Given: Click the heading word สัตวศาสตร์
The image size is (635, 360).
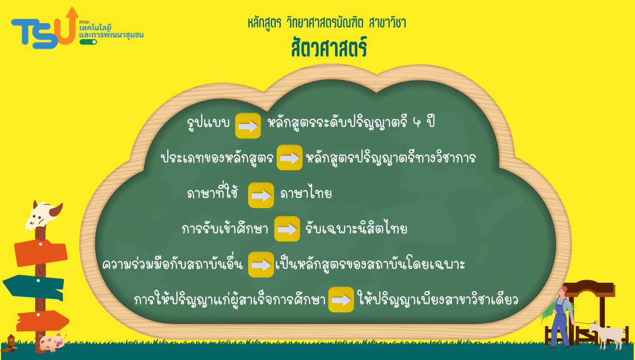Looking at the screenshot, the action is (x=329, y=47).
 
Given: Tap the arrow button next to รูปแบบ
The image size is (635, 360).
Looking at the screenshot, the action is (x=248, y=125).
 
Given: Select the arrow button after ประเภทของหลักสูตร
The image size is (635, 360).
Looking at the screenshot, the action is (x=289, y=157).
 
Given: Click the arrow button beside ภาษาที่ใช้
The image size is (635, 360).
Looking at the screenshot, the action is (x=261, y=195).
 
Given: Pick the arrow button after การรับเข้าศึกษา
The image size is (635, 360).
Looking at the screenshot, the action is (x=287, y=229).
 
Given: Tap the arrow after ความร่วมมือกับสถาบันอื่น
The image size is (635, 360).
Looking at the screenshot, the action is (x=261, y=264).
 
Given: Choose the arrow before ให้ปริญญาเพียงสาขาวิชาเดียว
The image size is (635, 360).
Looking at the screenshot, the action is (x=341, y=300).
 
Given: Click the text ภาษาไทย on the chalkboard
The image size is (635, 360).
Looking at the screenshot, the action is (x=306, y=193).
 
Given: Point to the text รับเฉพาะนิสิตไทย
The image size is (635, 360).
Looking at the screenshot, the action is (x=356, y=229).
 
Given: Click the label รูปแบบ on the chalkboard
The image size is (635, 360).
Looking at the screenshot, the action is (x=208, y=124).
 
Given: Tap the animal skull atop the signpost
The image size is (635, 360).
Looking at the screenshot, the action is (x=43, y=215).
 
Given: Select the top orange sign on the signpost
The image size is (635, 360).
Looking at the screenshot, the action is (x=41, y=253).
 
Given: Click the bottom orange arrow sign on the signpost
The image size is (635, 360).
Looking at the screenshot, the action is (x=42, y=321).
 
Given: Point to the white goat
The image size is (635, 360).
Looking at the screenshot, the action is (x=608, y=335).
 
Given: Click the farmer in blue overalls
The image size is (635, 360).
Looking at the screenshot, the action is (x=561, y=318).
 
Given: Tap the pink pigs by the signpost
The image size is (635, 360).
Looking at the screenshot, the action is (x=52, y=343).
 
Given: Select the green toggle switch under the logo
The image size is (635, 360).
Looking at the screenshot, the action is (x=88, y=42).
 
